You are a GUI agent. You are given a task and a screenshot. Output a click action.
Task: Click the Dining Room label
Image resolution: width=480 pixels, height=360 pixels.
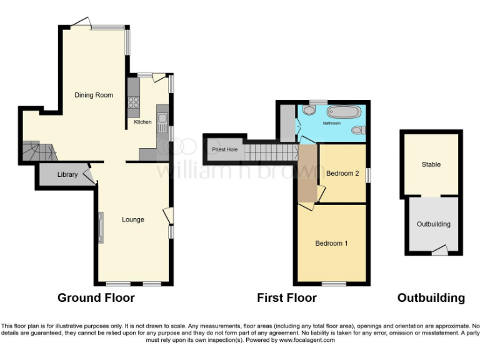pos(94,95)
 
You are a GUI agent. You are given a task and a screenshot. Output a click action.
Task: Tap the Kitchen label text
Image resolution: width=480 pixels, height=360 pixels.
pos(142,122)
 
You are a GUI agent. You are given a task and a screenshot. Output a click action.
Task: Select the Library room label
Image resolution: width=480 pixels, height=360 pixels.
pos(67,174)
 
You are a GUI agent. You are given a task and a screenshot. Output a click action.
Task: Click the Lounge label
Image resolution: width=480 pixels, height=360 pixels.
pos(133,219)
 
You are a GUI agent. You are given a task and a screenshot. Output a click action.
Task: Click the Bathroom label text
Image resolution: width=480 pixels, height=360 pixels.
pos(332,124)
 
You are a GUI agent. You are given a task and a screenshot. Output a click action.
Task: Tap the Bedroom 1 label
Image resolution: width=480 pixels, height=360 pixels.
pos(331,243)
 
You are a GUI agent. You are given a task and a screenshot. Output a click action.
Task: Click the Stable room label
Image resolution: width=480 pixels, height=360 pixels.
pos(431,164)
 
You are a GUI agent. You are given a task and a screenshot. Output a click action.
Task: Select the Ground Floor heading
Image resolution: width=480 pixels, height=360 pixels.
pos(96,298)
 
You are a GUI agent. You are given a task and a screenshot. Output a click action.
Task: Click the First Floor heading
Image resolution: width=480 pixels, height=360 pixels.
pos(287,298)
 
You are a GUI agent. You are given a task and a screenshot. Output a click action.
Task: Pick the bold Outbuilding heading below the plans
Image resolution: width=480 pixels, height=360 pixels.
pos(431,298)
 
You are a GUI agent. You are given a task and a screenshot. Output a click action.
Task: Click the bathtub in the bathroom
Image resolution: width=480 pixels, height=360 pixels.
pos(344,113)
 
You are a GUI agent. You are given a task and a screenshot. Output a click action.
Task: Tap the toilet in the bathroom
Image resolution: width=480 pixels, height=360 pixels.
pos(358,130)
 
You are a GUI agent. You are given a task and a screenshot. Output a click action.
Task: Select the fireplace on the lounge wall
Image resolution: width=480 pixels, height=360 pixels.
pos(100,226)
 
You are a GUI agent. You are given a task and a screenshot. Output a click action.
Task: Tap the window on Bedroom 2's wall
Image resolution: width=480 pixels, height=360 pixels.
pos(367,175)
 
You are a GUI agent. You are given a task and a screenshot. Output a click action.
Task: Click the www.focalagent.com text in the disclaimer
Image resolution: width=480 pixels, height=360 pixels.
pos(307,341)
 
